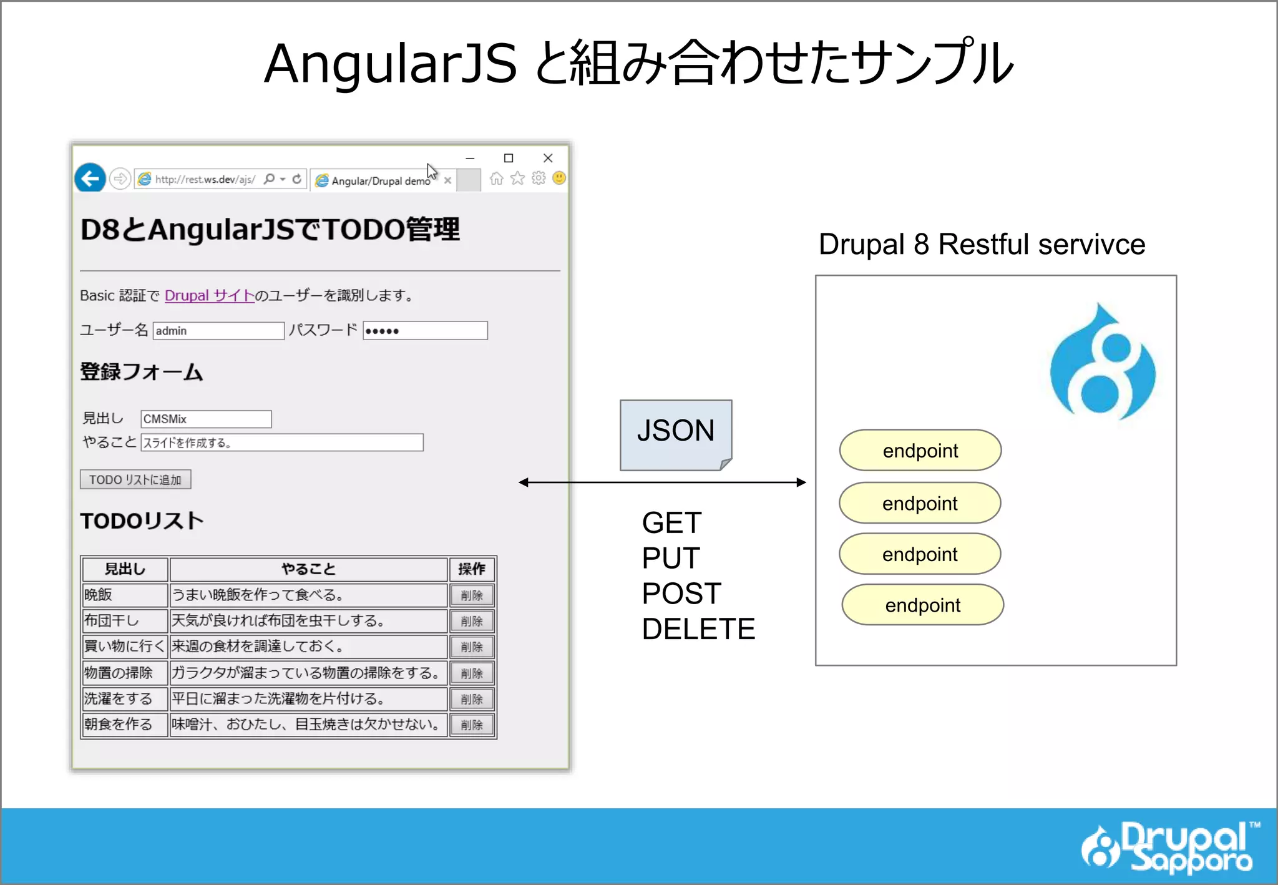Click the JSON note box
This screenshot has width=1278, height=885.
[675, 434]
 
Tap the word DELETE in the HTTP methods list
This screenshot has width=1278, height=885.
[698, 628]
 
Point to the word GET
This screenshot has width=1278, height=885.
[671, 522]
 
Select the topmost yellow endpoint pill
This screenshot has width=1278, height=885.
[920, 450]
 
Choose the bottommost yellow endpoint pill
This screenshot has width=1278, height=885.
[922, 605]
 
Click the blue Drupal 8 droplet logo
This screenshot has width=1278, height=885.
[1102, 362]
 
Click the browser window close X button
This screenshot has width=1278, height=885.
[548, 158]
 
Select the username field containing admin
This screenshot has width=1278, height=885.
[218, 331]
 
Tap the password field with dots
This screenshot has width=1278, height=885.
[424, 331]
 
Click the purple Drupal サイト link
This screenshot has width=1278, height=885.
[209, 295]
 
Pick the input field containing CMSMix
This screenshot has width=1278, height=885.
[206, 419]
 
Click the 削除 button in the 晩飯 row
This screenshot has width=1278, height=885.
[472, 595]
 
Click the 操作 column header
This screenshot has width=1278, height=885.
[472, 569]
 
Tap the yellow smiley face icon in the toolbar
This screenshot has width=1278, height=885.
[559, 178]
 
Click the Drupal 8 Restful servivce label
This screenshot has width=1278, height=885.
[982, 244]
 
